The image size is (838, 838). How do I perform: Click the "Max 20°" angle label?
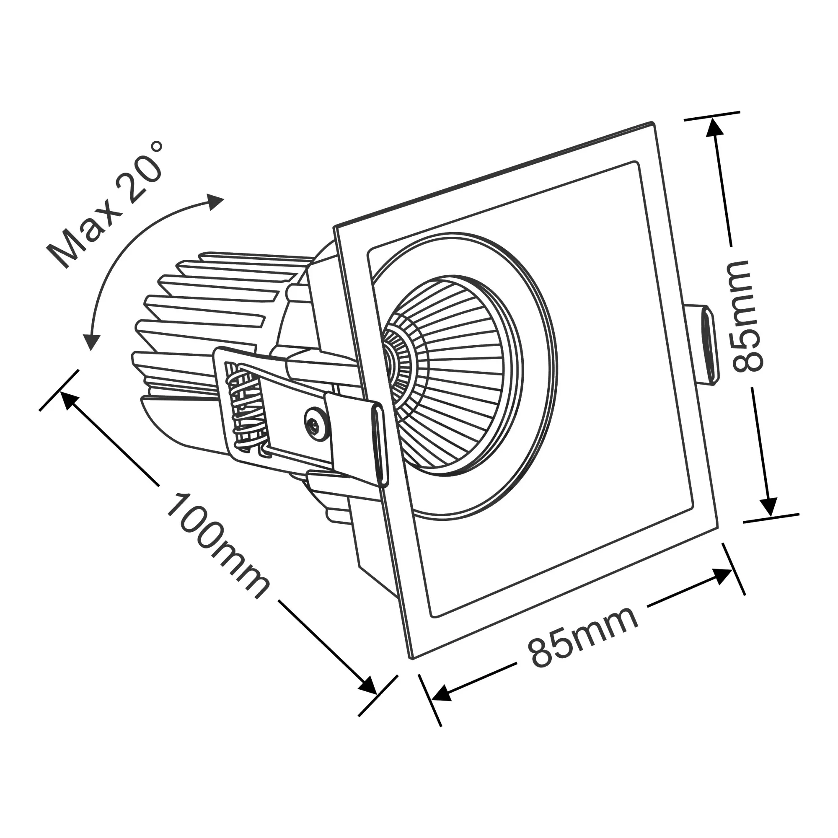[x=106, y=204]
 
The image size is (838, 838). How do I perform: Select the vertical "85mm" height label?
[x=747, y=316]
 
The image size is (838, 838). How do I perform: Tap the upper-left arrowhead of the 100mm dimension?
[x=70, y=399]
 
